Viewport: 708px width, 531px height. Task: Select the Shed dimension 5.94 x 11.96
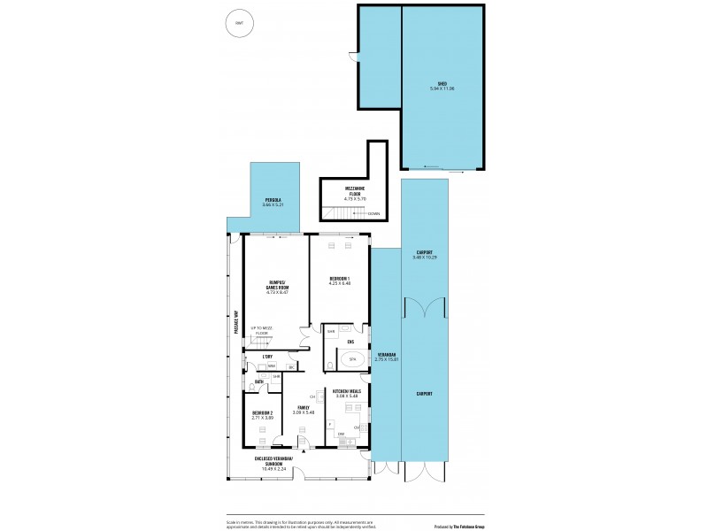[442, 88]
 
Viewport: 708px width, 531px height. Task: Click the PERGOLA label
[273, 200]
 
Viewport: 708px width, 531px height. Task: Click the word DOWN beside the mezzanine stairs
[374, 213]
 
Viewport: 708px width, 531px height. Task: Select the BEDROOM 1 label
[340, 279]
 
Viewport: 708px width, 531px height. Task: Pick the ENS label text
[350, 342]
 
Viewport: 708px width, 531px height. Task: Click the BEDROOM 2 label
[263, 413]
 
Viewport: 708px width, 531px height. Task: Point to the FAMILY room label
[303, 407]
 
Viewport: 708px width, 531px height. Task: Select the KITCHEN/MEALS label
[346, 390]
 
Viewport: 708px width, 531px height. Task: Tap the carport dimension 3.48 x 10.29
[425, 257]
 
